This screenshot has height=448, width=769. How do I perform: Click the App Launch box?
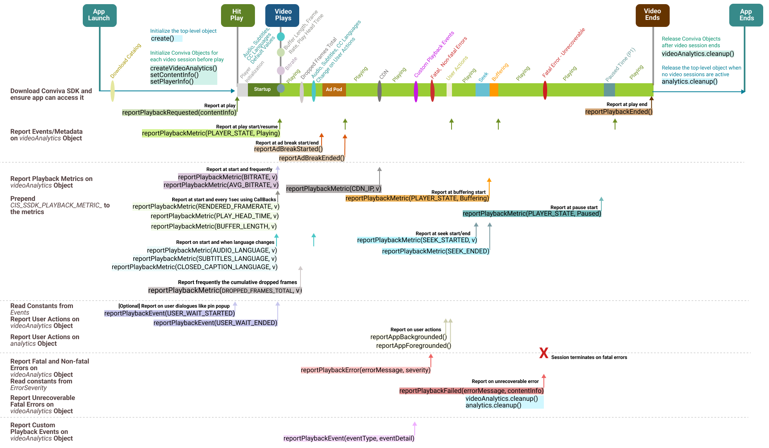[99, 15]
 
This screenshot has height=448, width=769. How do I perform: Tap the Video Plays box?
[282, 15]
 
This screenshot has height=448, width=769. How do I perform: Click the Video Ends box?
[652, 15]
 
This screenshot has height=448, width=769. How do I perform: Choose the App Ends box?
[746, 15]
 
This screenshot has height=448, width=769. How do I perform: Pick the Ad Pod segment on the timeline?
[334, 89]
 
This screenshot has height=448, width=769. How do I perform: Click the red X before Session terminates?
[543, 353]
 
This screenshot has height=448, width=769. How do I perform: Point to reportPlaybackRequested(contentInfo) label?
[179, 113]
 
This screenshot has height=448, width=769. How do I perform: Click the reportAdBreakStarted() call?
[288, 149]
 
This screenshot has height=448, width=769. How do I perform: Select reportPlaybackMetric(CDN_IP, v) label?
[334, 189]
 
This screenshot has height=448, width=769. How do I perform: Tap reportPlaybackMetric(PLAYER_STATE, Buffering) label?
[417, 198]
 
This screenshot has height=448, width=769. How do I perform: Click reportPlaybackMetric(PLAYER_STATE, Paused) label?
[532, 214]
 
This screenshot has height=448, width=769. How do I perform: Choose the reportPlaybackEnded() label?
[619, 112]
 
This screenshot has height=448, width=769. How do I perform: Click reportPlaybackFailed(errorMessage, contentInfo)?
[471, 391]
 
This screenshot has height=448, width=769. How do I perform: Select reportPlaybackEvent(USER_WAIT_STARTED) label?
[170, 313]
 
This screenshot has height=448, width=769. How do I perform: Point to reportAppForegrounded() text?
[413, 346]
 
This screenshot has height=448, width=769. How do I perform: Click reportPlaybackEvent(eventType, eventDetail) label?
[349, 438]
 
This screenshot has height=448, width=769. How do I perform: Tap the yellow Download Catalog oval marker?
[113, 91]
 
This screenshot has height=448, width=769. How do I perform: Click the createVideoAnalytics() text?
[183, 68]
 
